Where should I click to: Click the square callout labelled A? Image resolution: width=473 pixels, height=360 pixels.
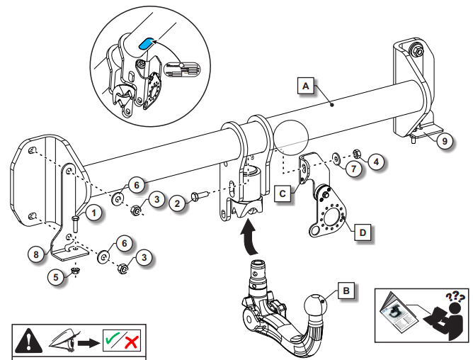pos(305,86)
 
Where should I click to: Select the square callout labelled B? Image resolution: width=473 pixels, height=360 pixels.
pos(345,290)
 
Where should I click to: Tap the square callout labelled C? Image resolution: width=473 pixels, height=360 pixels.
pos(282,191)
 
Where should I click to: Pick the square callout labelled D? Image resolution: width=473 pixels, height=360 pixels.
pos(362,231)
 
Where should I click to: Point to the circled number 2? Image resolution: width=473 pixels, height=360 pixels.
pos(178,203)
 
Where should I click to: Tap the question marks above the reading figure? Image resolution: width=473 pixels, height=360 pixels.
pos(454,294)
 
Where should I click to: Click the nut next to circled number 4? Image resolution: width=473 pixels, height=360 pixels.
pos(358,154)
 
